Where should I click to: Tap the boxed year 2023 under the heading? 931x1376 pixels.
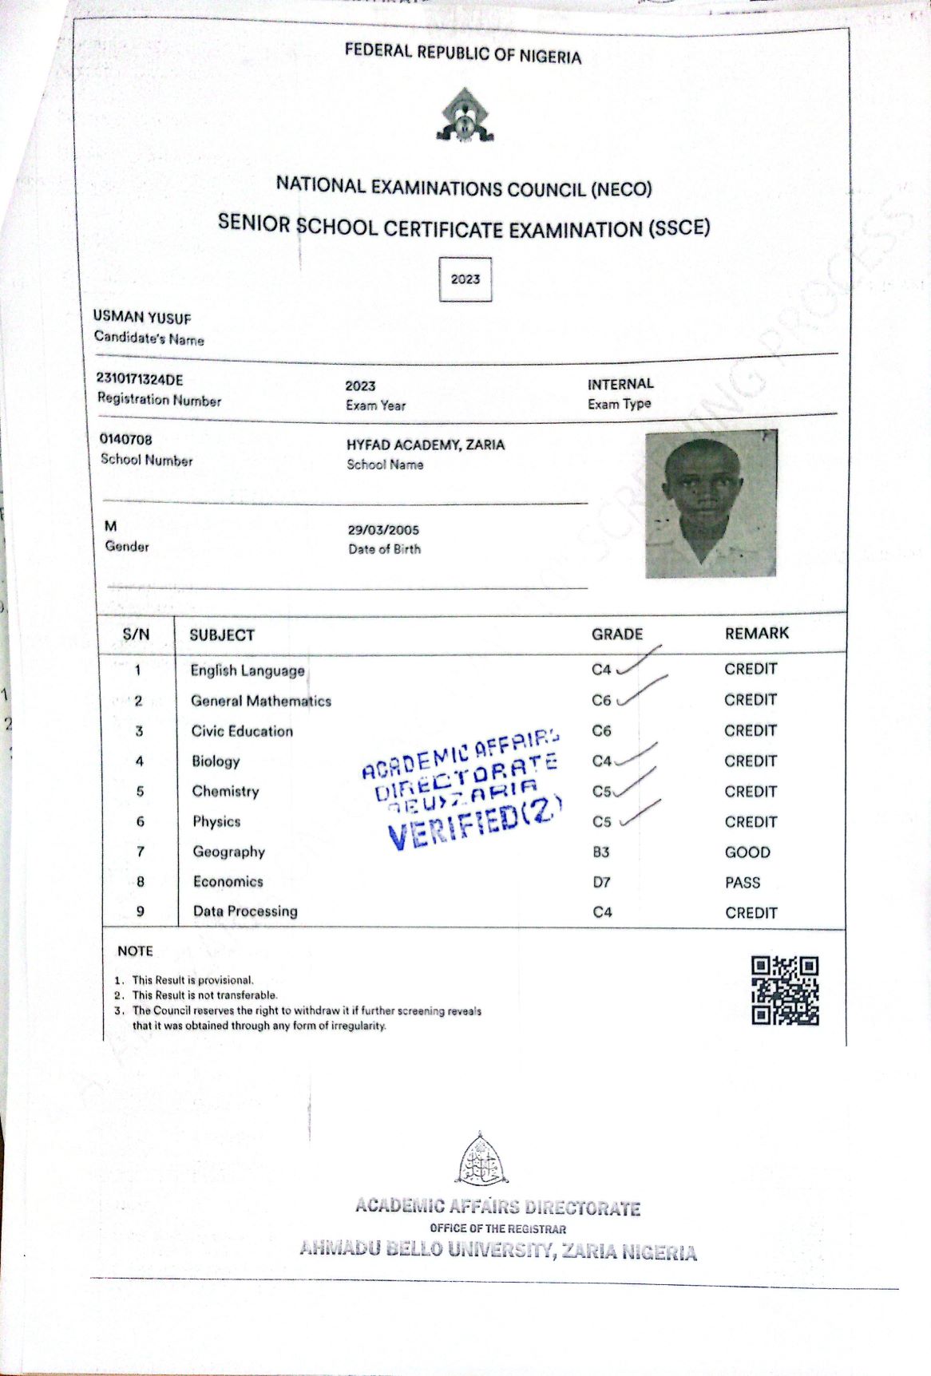[x=465, y=279]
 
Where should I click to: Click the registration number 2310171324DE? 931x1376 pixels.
[x=140, y=380]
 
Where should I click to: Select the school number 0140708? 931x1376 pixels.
[x=126, y=440]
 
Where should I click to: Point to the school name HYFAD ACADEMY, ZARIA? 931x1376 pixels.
[x=426, y=445]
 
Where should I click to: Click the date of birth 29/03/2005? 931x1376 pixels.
[x=383, y=530]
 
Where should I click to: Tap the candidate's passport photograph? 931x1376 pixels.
[x=711, y=504]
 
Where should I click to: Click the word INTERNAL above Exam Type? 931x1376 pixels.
[x=620, y=384]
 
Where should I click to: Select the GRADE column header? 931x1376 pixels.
[x=617, y=635]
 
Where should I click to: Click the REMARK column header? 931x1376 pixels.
[x=756, y=634]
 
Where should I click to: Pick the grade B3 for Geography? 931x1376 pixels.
[x=601, y=852]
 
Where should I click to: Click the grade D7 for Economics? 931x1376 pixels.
[x=601, y=883]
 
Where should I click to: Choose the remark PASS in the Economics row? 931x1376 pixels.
[x=743, y=883]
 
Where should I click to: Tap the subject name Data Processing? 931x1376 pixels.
[x=245, y=911]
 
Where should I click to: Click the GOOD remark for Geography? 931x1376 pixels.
[x=747, y=852]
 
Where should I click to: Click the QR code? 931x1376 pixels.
[x=785, y=990]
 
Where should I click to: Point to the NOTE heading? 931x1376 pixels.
[x=135, y=951]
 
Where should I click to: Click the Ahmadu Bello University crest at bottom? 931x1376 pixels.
[x=481, y=1159]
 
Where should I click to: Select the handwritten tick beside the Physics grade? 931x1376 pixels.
[x=641, y=812]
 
